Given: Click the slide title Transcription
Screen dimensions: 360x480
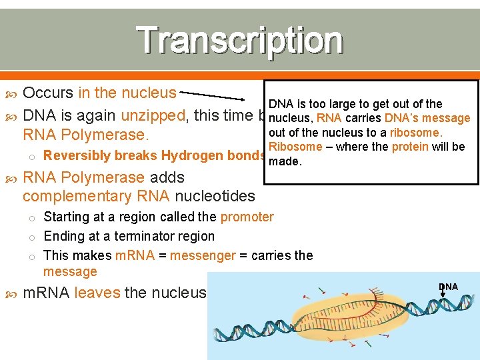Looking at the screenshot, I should click(240, 40).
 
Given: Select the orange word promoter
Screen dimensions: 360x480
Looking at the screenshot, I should click(247, 217).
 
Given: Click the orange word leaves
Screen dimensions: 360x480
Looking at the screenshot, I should click(97, 292).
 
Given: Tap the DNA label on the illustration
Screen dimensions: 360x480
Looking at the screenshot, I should click(448, 287).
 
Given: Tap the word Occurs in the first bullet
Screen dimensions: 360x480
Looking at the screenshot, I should click(48, 93).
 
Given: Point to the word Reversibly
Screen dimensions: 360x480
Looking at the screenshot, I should click(73, 155).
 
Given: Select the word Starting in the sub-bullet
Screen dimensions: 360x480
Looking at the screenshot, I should click(66, 217).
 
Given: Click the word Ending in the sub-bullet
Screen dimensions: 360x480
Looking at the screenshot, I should click(62, 236).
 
